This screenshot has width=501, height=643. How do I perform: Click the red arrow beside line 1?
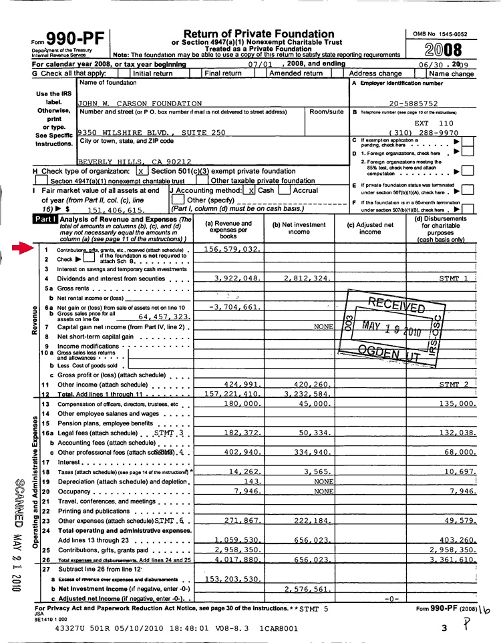click(x=27, y=248)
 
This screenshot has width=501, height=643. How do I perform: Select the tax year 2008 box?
click(x=442, y=49)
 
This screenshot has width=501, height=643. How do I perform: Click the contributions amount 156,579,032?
click(x=232, y=249)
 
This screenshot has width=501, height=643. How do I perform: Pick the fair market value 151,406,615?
click(x=115, y=210)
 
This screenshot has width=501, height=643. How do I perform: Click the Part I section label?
click(x=45, y=219)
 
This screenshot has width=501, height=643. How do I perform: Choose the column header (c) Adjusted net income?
click(x=370, y=228)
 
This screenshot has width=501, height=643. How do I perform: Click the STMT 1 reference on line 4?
click(x=454, y=278)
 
